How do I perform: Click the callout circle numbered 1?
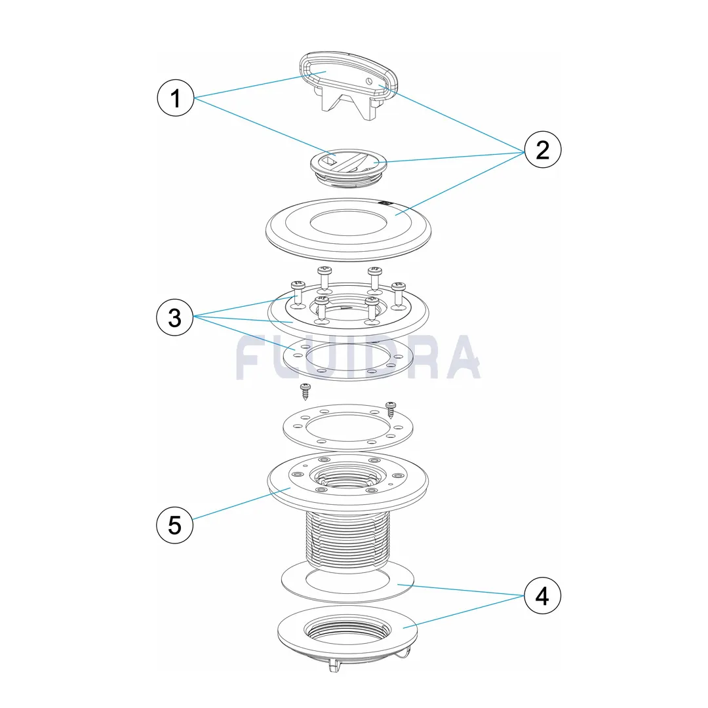[176, 98]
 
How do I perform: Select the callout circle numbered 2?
[543, 150]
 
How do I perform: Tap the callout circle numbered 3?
[175, 317]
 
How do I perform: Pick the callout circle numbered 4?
[542, 595]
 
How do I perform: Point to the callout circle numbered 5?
[175, 524]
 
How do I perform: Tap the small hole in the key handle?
[369, 81]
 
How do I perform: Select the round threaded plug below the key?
[348, 168]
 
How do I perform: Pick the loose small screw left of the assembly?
[305, 391]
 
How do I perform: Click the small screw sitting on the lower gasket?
[391, 410]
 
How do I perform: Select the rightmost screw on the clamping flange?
[399, 295]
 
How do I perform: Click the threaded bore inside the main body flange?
[347, 479]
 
